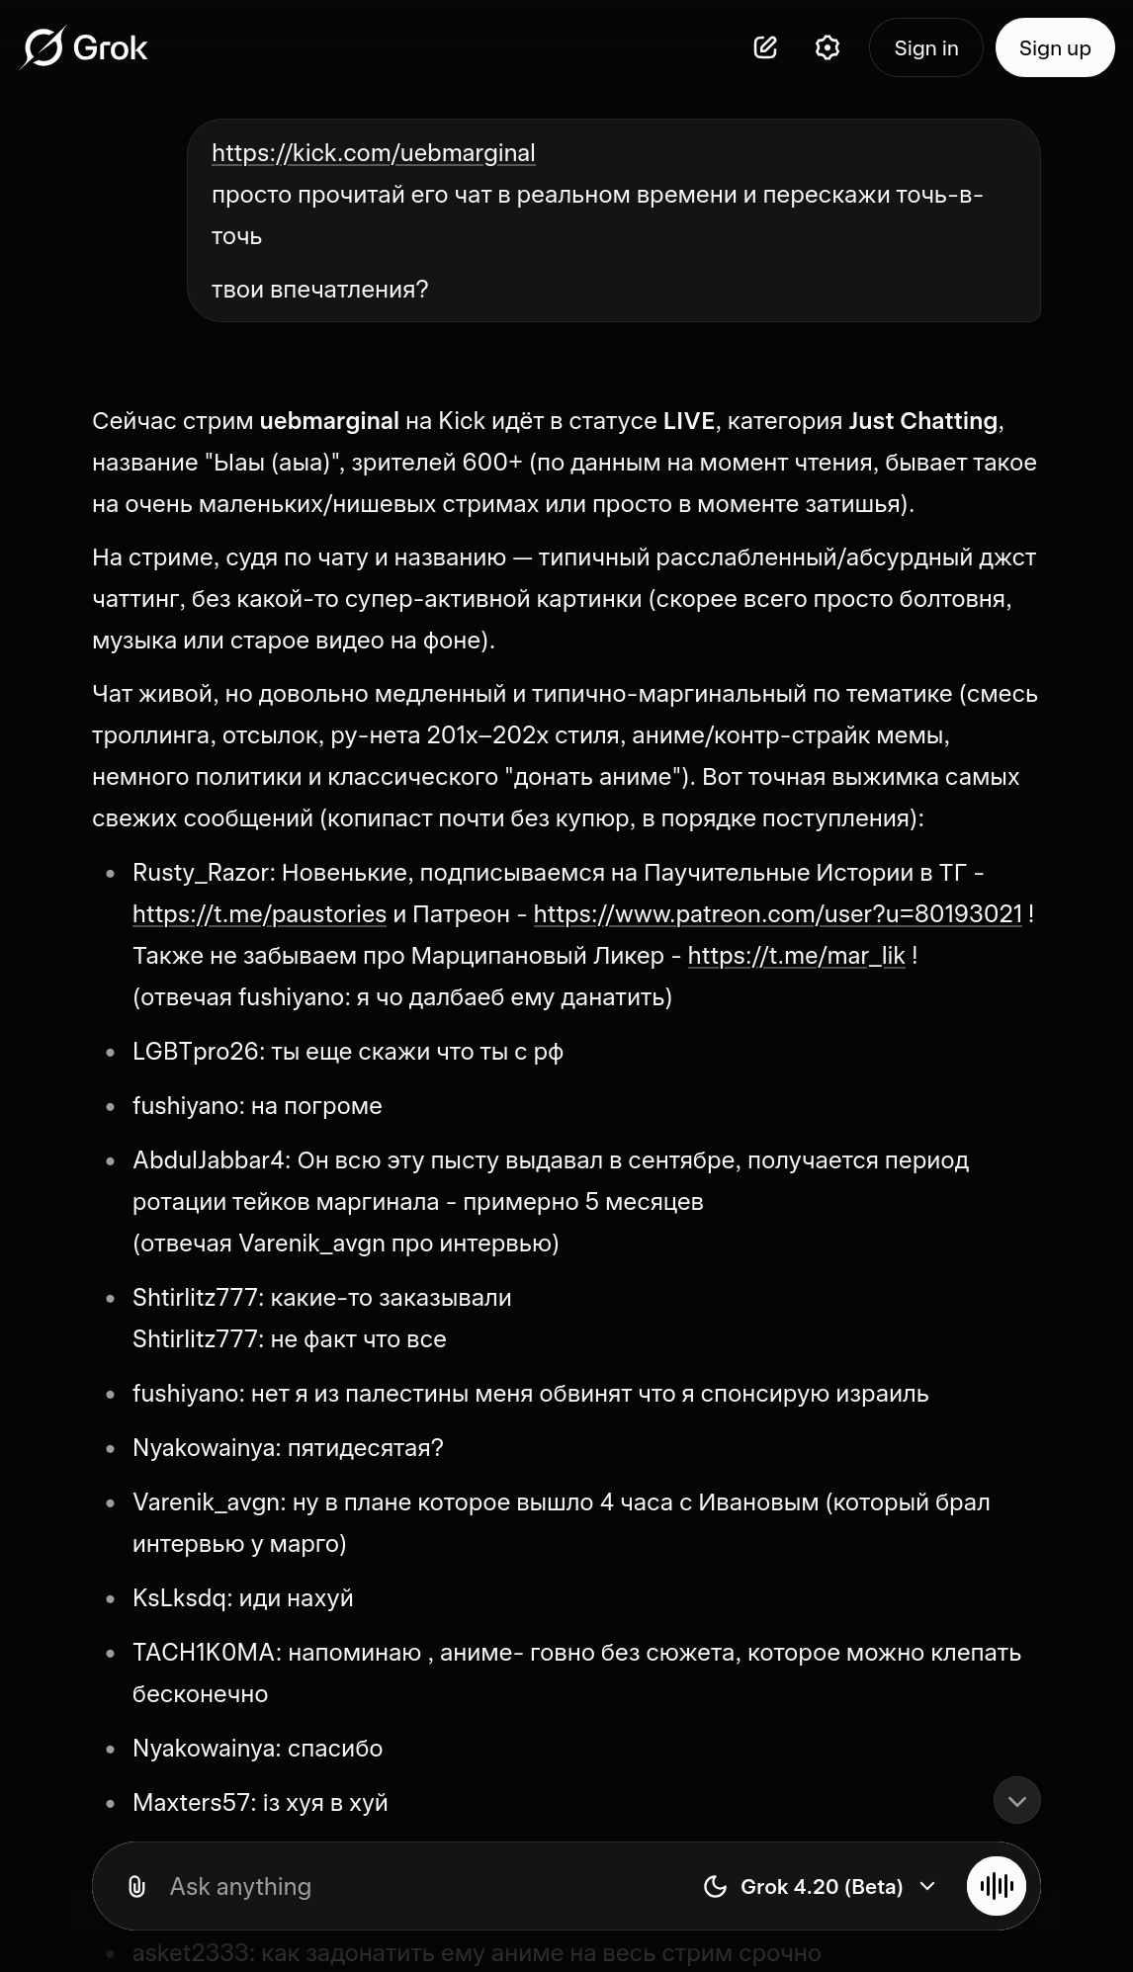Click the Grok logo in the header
point(84,47)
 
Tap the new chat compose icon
point(765,47)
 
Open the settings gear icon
point(828,47)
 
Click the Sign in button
point(925,47)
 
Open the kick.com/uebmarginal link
point(373,153)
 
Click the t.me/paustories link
point(259,914)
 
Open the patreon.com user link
point(777,914)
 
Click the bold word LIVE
point(688,421)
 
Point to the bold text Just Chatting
point(922,421)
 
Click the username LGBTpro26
point(196,1052)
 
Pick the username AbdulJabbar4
point(209,1160)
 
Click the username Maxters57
point(192,1803)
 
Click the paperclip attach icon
point(136,1887)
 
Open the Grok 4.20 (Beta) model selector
point(820,1887)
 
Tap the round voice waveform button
point(997,1887)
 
